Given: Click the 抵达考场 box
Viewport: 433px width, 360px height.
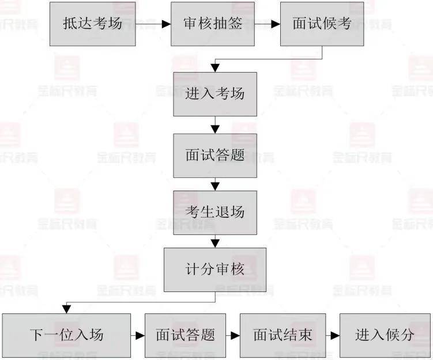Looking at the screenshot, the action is coord(92,24).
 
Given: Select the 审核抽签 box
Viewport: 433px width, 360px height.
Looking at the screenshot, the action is coord(213,24).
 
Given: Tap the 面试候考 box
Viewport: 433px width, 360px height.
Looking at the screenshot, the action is coord(322,24).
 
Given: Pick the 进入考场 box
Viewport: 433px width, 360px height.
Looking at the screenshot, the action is coord(215,94).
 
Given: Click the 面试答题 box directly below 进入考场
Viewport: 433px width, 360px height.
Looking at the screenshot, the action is coord(215,156).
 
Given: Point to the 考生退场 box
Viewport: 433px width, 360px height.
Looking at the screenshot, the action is coord(215,213).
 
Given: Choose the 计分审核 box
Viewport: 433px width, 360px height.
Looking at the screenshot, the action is coord(215,270).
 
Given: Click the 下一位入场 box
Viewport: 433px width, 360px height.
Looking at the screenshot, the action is coord(66,335).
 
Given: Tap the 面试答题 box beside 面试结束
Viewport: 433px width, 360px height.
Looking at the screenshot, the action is coord(185,335).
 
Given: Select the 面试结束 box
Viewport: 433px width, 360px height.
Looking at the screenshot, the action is coord(283,335).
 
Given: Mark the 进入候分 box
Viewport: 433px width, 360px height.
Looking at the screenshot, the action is coord(385,335).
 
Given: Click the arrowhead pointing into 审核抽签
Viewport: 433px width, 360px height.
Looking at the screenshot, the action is coord(166,24).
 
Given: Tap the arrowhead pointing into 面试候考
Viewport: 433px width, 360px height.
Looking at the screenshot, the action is coord(276,24).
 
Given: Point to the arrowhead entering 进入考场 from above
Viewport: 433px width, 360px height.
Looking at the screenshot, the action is coord(215,68).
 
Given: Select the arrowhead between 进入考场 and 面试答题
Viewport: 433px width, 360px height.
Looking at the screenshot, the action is coord(215,130).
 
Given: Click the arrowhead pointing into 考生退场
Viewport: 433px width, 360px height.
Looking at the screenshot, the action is coord(215,187).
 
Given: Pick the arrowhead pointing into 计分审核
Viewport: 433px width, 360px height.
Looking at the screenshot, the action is coord(215,243).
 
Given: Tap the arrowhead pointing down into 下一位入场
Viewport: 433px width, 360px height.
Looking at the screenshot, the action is coord(66,309).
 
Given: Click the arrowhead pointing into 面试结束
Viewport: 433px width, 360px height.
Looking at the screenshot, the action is coord(235,336).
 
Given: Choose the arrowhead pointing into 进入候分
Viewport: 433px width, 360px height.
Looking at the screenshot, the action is coord(335,336).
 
